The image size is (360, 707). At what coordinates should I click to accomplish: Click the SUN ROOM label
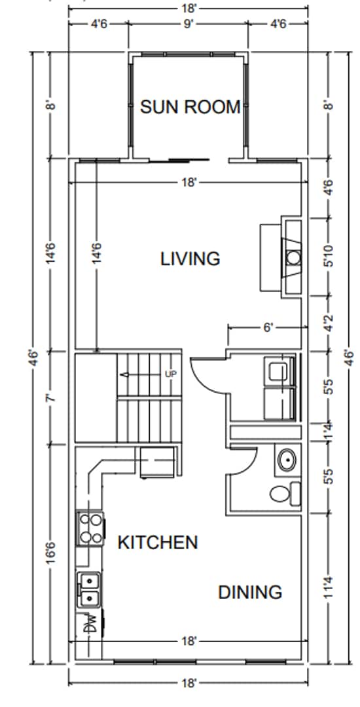coord(190,107)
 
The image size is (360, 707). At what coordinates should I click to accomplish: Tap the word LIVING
coord(190,259)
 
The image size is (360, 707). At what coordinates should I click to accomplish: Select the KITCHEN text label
coord(157,542)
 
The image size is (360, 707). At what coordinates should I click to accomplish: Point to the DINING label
coord(250,592)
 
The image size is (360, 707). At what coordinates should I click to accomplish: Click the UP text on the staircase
coord(171,374)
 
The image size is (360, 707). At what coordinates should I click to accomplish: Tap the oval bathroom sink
coord(287,460)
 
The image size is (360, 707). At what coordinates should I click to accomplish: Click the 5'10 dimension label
coord(330,257)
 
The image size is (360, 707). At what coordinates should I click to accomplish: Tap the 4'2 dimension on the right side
coord(330,323)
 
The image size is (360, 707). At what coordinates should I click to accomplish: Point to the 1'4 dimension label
coord(330,433)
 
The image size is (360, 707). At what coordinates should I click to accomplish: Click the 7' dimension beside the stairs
coord(52,398)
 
